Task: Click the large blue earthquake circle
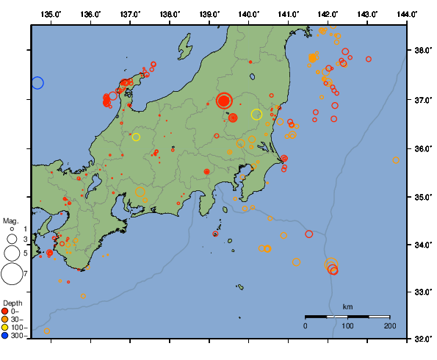click(x=37, y=83)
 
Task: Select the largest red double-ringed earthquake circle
click(x=225, y=101)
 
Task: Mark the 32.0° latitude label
click(x=423, y=339)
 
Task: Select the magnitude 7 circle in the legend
click(x=11, y=274)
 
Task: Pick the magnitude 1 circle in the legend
click(x=11, y=229)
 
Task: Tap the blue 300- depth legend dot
click(x=6, y=336)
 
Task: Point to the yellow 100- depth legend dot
click(x=6, y=328)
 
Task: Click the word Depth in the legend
click(x=12, y=303)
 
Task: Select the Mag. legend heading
click(x=10, y=220)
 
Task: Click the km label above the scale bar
click(x=347, y=306)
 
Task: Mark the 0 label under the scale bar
click(x=306, y=325)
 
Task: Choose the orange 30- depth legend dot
click(x=6, y=320)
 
